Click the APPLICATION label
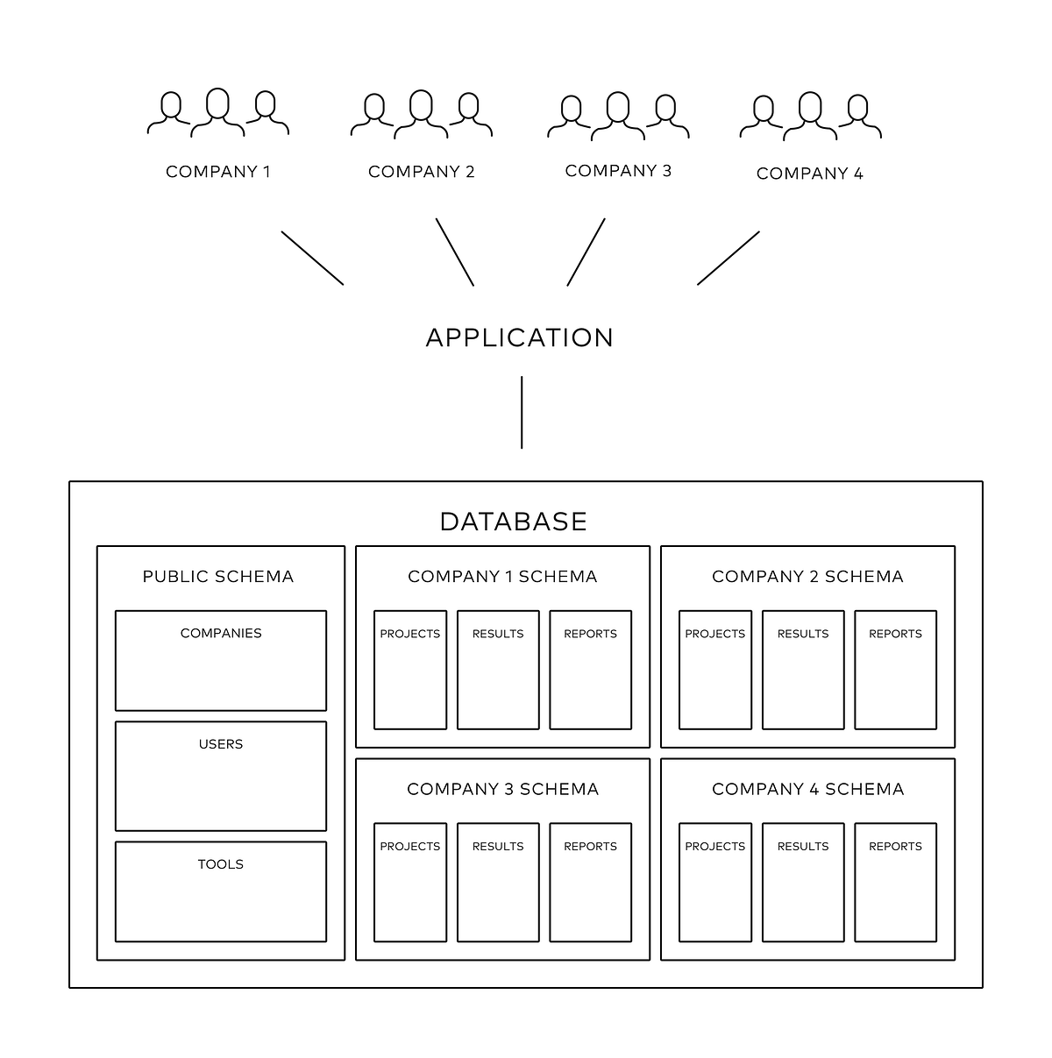(519, 337)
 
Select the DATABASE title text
(513, 522)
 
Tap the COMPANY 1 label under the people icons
(218, 172)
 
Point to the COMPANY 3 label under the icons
(618, 171)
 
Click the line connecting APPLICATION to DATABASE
(522, 412)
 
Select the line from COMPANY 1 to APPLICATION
(312, 258)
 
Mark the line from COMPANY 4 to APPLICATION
(729, 258)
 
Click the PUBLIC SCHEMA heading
(218, 577)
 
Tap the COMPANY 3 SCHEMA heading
(502, 789)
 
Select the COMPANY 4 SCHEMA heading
(807, 789)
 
